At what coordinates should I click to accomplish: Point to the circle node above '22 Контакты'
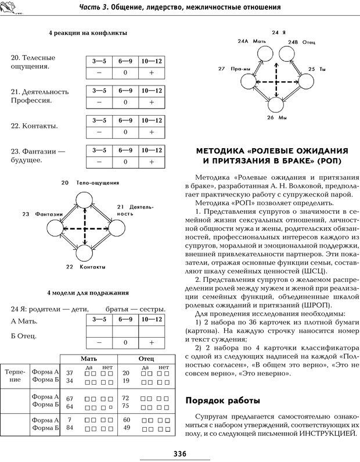[85, 254]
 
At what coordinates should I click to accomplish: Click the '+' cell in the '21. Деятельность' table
[151, 102]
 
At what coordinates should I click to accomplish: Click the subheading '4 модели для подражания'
[88, 293]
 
